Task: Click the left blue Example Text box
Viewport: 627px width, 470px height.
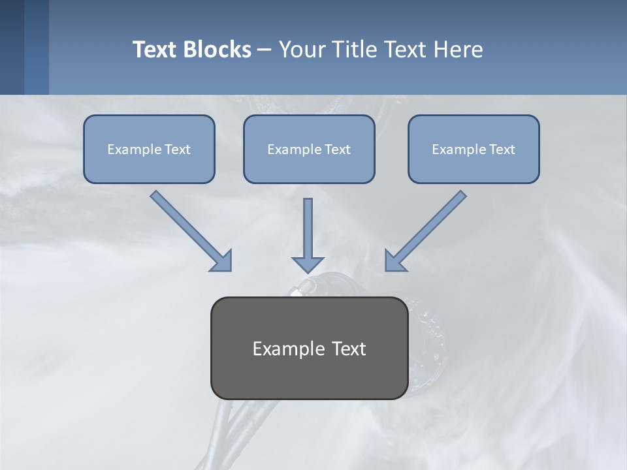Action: (x=149, y=149)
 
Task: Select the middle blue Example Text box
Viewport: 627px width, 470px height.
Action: (x=309, y=149)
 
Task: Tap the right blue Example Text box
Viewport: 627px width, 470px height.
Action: (x=474, y=149)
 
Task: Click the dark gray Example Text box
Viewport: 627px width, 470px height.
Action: (x=309, y=348)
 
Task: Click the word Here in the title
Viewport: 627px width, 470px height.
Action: (x=458, y=50)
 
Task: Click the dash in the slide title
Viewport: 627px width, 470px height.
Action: (x=265, y=50)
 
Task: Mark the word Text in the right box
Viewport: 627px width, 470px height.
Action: (x=502, y=149)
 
